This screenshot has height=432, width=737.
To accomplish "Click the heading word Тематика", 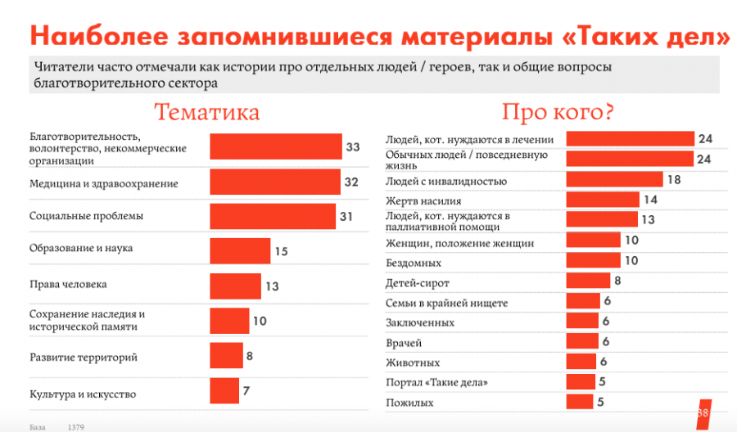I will click(207, 112).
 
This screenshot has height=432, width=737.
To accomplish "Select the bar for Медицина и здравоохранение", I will click(274, 182).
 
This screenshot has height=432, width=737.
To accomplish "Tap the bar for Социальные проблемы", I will click(273, 216).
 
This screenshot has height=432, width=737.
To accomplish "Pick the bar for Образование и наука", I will click(240, 251).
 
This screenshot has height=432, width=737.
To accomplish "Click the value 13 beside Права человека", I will click(272, 286).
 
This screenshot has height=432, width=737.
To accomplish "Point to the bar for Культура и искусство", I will click(224, 391).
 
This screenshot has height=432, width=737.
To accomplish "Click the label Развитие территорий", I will click(83, 358).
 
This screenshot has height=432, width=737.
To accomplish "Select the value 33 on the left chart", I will click(353, 147).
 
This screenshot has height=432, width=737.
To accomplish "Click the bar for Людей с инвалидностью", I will click(614, 180).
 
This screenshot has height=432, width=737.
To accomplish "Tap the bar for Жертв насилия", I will click(603, 200).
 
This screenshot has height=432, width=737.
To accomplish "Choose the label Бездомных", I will click(414, 263).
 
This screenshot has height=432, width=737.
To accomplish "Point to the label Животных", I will click(413, 362).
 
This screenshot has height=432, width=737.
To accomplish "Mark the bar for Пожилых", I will click(580, 402).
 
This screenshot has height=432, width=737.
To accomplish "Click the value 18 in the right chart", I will click(675, 180).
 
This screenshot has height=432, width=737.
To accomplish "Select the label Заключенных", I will click(420, 322).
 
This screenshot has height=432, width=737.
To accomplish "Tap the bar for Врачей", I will click(582, 342).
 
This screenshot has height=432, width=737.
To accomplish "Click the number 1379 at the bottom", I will click(76, 427).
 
